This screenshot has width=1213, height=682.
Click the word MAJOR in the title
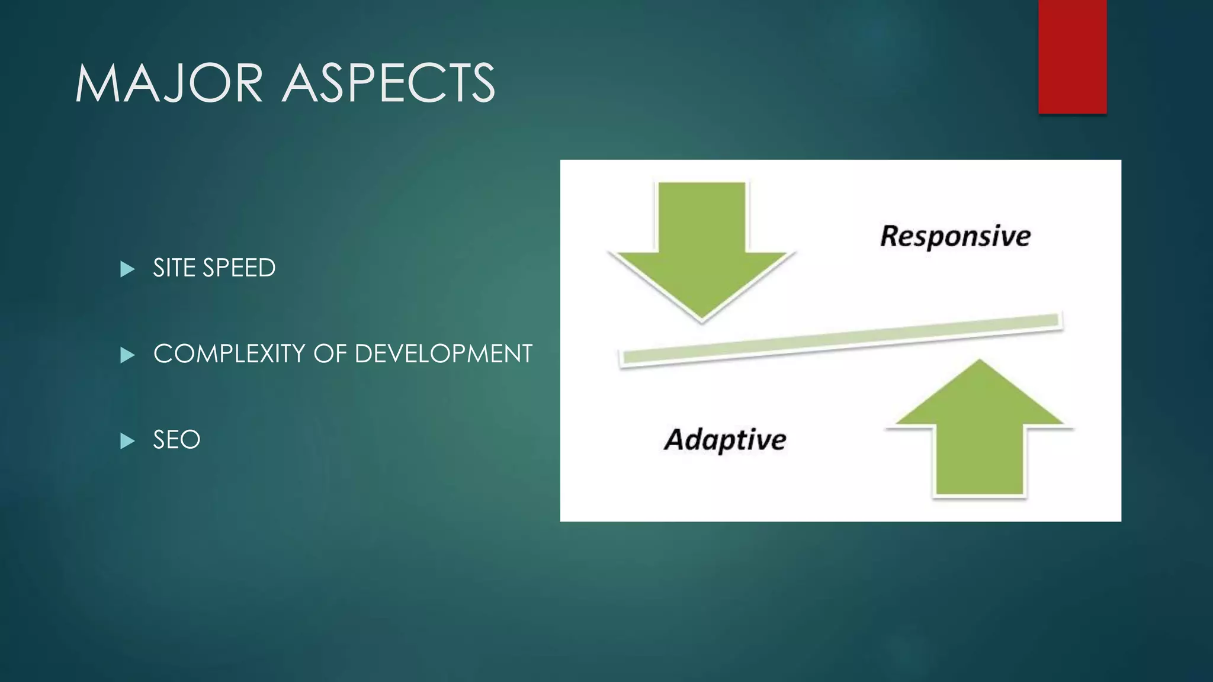[x=169, y=83]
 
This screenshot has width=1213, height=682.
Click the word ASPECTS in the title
[x=389, y=83]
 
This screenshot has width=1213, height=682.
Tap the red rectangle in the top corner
[x=1072, y=56]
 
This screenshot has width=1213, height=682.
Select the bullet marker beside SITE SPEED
[x=127, y=269]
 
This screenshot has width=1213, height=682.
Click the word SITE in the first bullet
[x=174, y=268]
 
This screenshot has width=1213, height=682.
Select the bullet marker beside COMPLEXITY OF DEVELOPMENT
[x=127, y=355]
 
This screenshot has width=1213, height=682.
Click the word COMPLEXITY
[x=229, y=354]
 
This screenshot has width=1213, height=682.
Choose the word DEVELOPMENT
[x=443, y=354]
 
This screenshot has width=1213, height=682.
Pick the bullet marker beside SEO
[x=127, y=441]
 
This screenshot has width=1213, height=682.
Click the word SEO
[x=177, y=440]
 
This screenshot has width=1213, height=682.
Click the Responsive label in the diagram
[x=955, y=236]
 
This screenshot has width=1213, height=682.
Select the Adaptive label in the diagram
[x=725, y=440]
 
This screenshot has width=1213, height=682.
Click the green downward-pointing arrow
[x=702, y=249]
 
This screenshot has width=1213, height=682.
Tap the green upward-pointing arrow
[x=980, y=432]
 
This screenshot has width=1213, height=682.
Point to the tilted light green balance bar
[x=841, y=340]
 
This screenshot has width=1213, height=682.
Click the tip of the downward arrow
[x=702, y=320]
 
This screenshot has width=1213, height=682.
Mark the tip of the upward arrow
[x=980, y=361]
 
